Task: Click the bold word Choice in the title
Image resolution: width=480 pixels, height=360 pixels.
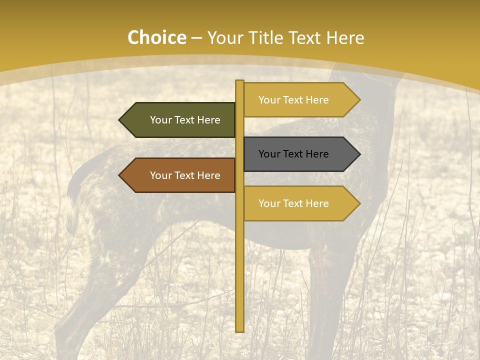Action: pos(156,37)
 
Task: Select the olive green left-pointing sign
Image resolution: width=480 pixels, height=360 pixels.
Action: pos(180,120)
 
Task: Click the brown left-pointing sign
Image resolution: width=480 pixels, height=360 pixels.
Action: pos(180,175)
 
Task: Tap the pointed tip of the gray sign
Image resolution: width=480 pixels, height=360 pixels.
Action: pos(359,154)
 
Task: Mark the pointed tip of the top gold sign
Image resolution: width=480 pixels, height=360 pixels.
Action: pos(359,100)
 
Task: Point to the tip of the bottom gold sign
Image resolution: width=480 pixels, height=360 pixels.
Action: pos(359,203)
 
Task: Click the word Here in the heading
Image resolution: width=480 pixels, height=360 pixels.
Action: pos(345,37)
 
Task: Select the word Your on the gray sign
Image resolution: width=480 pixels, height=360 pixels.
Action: pos(269,154)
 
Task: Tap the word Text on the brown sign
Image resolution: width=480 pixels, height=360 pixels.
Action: pos(184,175)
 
